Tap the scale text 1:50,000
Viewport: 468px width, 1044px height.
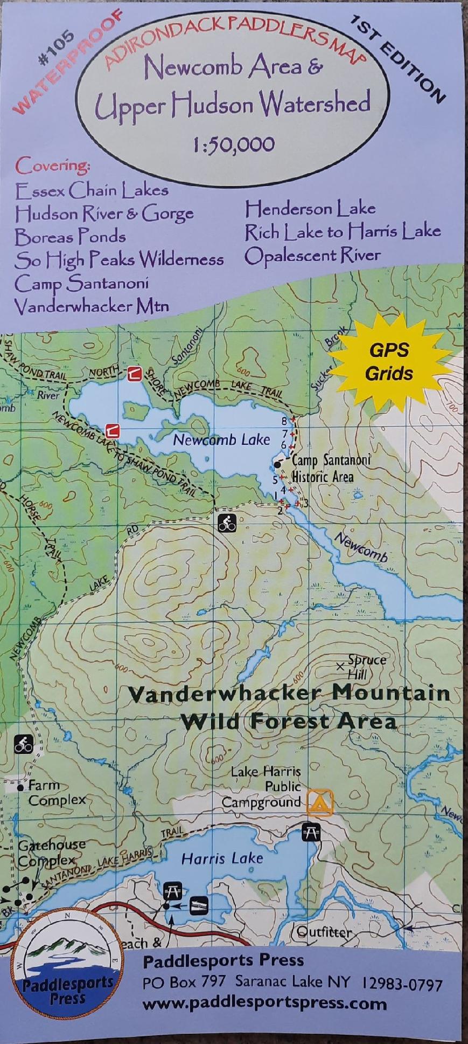pyautogui.click(x=234, y=145)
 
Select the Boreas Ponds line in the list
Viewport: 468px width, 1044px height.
pyautogui.click(x=70, y=237)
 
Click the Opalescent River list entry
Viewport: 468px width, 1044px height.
pyautogui.click(x=312, y=256)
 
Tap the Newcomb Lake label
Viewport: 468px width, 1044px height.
pyautogui.click(x=221, y=440)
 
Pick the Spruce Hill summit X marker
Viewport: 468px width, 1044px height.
pyautogui.click(x=340, y=667)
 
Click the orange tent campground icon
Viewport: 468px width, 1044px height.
pyautogui.click(x=320, y=802)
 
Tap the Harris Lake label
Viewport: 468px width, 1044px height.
pyautogui.click(x=222, y=858)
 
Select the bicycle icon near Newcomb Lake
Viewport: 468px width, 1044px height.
pyautogui.click(x=227, y=523)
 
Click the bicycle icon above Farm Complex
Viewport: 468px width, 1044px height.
pyautogui.click(x=23, y=744)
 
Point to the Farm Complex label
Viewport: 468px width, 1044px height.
pyautogui.click(x=54, y=793)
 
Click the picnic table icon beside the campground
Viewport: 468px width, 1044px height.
pyautogui.click(x=311, y=832)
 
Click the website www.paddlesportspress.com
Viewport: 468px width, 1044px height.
pyautogui.click(x=264, y=1004)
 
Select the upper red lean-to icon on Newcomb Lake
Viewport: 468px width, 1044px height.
pyautogui.click(x=134, y=373)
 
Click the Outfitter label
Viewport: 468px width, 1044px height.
pyautogui.click(x=324, y=932)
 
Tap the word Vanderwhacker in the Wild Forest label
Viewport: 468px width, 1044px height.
pyautogui.click(x=226, y=693)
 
